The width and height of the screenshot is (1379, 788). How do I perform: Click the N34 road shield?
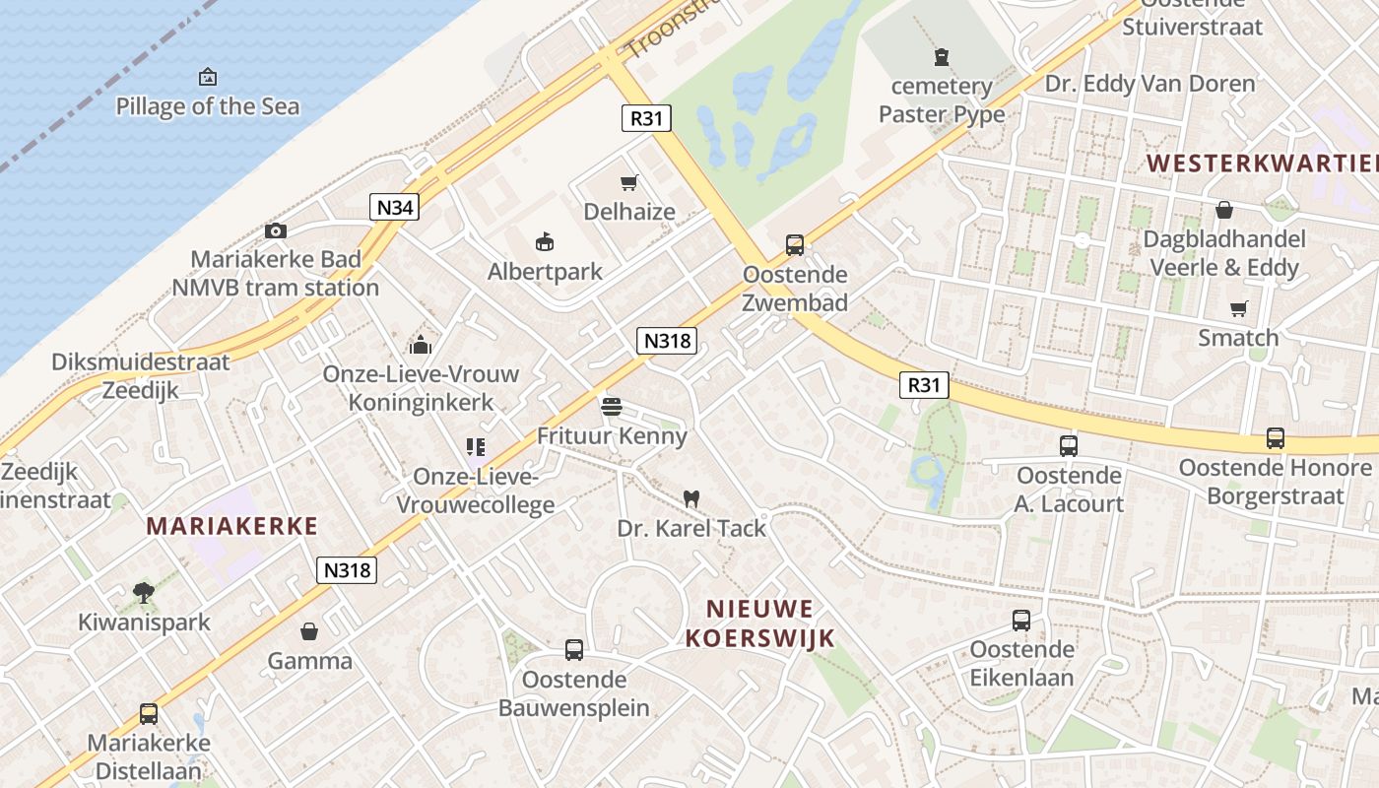click(395, 207)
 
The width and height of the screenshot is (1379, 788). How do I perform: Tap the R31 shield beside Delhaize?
click(646, 118)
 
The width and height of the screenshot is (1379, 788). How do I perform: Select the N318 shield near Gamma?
click(347, 569)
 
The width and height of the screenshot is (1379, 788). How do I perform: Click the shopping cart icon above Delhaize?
click(629, 182)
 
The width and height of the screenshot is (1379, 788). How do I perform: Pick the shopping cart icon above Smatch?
click(1239, 308)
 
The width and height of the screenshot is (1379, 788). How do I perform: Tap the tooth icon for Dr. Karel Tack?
click(691, 498)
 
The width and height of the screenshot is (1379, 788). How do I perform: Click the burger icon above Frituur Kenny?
click(611, 406)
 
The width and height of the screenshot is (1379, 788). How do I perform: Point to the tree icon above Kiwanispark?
click(144, 592)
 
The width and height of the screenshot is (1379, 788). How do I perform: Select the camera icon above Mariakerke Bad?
click(276, 230)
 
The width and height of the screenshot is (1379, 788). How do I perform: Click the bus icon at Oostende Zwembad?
click(795, 245)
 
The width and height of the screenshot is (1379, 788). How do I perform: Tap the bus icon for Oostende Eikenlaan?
click(1021, 621)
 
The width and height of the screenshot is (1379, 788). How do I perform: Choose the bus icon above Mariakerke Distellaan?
click(149, 713)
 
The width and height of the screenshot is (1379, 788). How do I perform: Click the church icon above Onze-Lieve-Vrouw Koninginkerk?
click(421, 345)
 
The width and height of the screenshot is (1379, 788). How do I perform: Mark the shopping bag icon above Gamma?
click(309, 630)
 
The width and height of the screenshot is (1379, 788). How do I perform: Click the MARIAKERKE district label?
click(232, 526)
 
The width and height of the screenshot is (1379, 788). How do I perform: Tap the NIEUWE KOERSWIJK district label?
click(760, 623)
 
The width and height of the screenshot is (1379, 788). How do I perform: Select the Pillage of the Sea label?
click(208, 106)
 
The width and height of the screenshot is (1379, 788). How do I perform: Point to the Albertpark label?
click(545, 271)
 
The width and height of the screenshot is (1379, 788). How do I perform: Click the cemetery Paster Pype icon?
click(943, 57)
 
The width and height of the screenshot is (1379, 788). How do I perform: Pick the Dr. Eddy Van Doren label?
click(1149, 84)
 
